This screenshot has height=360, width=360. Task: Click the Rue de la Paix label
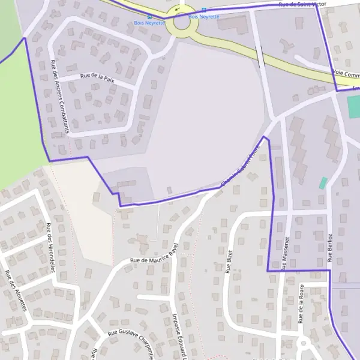tap(97, 77)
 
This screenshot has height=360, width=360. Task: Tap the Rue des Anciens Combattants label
tap(61, 97)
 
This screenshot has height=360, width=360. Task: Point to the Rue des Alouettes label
tap(16, 291)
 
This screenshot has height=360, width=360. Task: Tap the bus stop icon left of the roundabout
tap(149, 17)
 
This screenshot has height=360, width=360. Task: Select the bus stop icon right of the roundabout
tap(203, 10)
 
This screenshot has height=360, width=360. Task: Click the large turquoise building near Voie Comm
tap(353, 107)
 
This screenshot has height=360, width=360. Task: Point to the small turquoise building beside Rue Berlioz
tap(323, 182)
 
